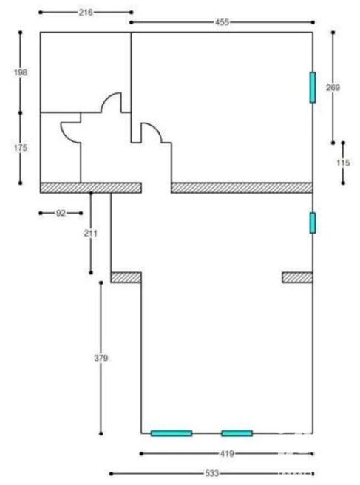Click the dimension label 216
[86, 13]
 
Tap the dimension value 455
[222, 22]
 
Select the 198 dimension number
[21, 72]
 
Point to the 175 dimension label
[21, 148]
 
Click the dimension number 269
[333, 87]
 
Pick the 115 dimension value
[343, 163]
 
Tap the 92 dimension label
[61, 213]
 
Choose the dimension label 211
[91, 233]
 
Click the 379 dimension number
[101, 358]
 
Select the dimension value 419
[227, 454]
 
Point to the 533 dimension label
[212, 474]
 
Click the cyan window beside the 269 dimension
[313, 87]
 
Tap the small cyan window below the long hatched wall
[313, 223]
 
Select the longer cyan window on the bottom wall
[171, 433]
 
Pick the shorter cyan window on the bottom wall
[237, 433]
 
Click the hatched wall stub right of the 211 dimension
[126, 277]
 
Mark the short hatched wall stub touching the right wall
[297, 277]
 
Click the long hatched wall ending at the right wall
[242, 188]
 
